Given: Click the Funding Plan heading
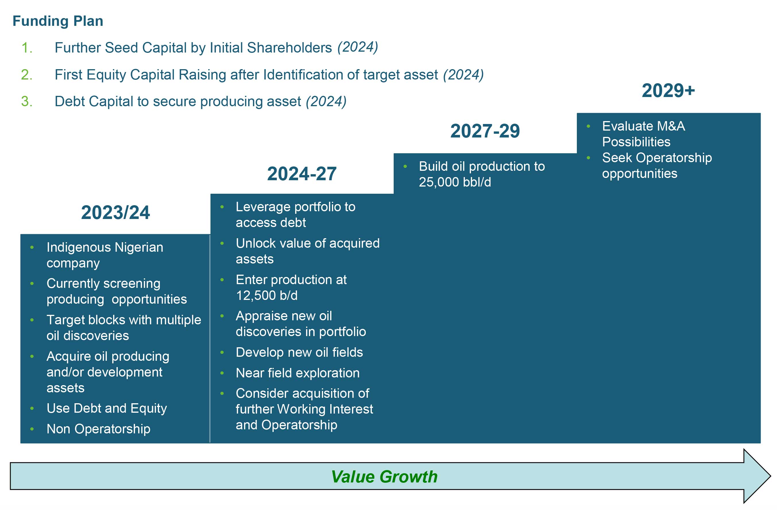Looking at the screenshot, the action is point(58,21).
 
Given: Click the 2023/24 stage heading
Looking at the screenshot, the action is point(115,212).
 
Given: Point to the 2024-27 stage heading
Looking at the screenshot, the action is point(302,174).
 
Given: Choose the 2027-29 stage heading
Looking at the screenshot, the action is point(485,131).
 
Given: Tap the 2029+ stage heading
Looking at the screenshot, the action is point(668,90).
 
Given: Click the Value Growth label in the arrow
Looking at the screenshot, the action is point(384,477).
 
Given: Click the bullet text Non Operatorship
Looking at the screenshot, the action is point(98,429).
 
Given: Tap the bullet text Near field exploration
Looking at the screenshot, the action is point(297,373).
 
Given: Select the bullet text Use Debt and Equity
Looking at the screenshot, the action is point(107,408).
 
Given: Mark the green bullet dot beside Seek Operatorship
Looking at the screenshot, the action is point(588,158).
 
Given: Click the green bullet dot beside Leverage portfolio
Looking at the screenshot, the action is point(222,207).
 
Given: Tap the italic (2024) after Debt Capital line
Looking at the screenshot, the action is point(326,102).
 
